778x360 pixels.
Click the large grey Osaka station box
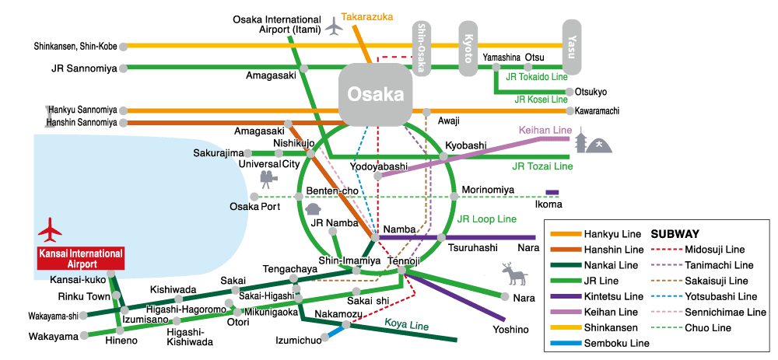[x=376, y=94]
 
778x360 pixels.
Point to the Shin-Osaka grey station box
[x=422, y=47]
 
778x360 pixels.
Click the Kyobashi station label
[x=465, y=146]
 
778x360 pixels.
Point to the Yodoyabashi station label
[x=379, y=166]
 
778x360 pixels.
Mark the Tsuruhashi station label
[x=472, y=248]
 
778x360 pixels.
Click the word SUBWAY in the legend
[x=675, y=233]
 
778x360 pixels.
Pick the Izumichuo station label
[x=299, y=340]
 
